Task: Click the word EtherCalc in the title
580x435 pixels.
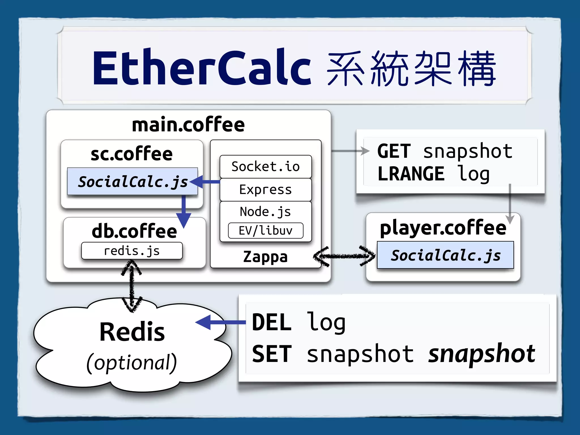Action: (202, 68)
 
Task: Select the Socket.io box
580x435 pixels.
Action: (265, 167)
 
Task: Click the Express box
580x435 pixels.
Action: (265, 189)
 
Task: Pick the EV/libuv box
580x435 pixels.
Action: (265, 231)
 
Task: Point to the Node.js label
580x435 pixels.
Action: (265, 212)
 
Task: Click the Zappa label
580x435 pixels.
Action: (265, 257)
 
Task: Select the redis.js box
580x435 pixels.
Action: (132, 251)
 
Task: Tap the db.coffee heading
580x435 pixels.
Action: (134, 231)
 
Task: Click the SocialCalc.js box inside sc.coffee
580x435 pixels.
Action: (133, 182)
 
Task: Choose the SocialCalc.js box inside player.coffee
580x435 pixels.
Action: (445, 255)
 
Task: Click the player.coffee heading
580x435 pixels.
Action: (443, 228)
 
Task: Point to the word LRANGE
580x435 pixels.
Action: (411, 174)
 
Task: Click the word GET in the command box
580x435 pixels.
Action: (394, 151)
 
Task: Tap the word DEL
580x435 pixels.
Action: (271, 322)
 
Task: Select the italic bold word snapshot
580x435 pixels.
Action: (481, 354)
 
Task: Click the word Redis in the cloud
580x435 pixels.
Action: (132, 332)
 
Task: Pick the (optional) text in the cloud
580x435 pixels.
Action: (132, 362)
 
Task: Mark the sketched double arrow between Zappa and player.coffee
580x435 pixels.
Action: (344, 256)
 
